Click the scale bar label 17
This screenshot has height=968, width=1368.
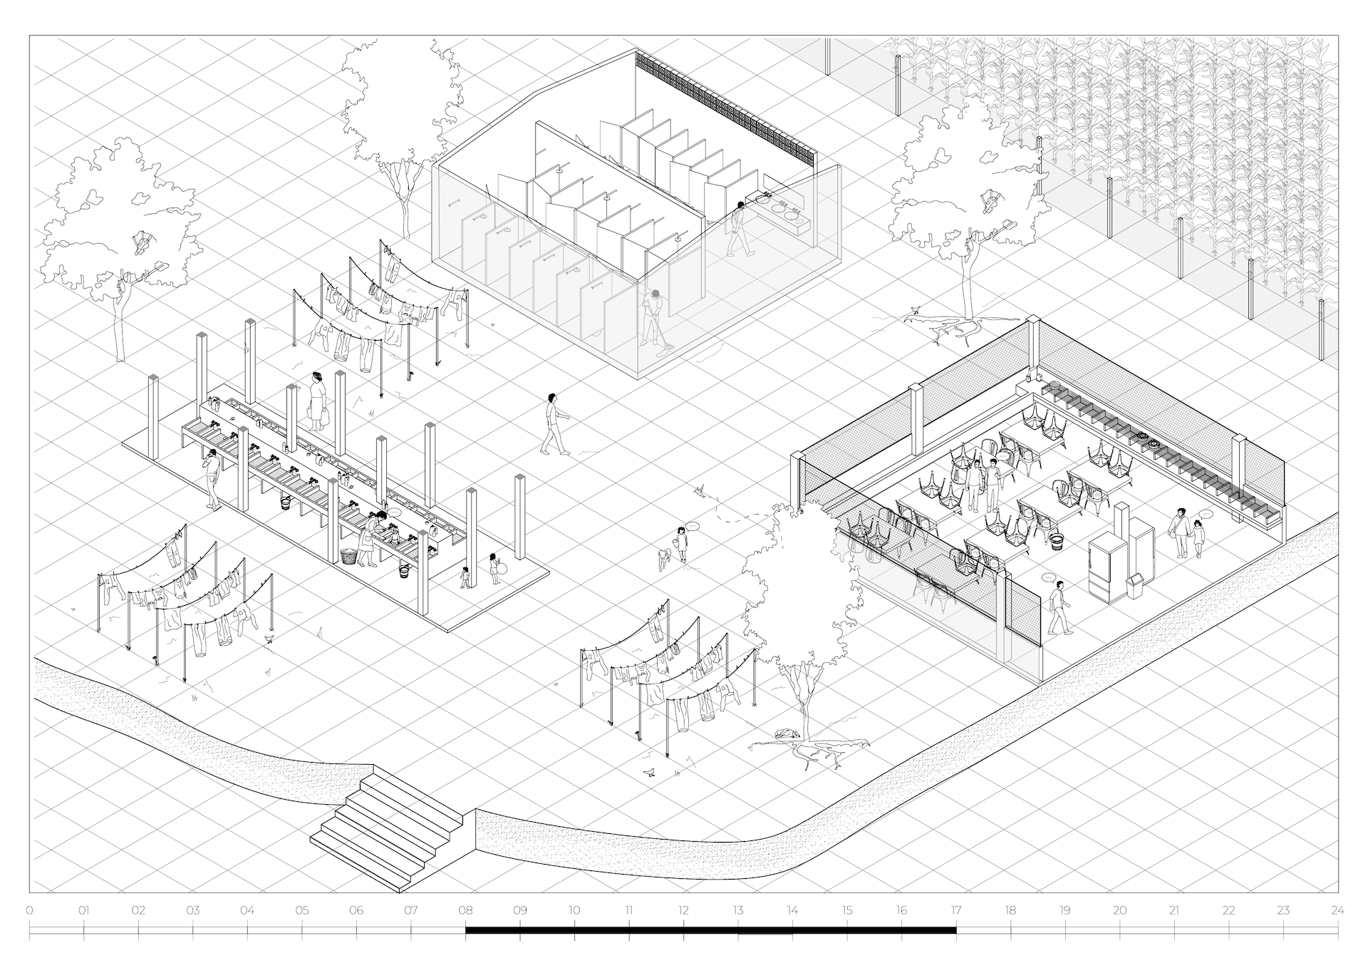point(955,910)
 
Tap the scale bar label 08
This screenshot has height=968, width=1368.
point(465,910)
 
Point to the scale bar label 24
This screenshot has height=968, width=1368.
point(1337,910)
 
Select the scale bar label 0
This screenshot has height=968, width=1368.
point(29,910)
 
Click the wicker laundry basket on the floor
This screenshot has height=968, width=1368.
point(349,556)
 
